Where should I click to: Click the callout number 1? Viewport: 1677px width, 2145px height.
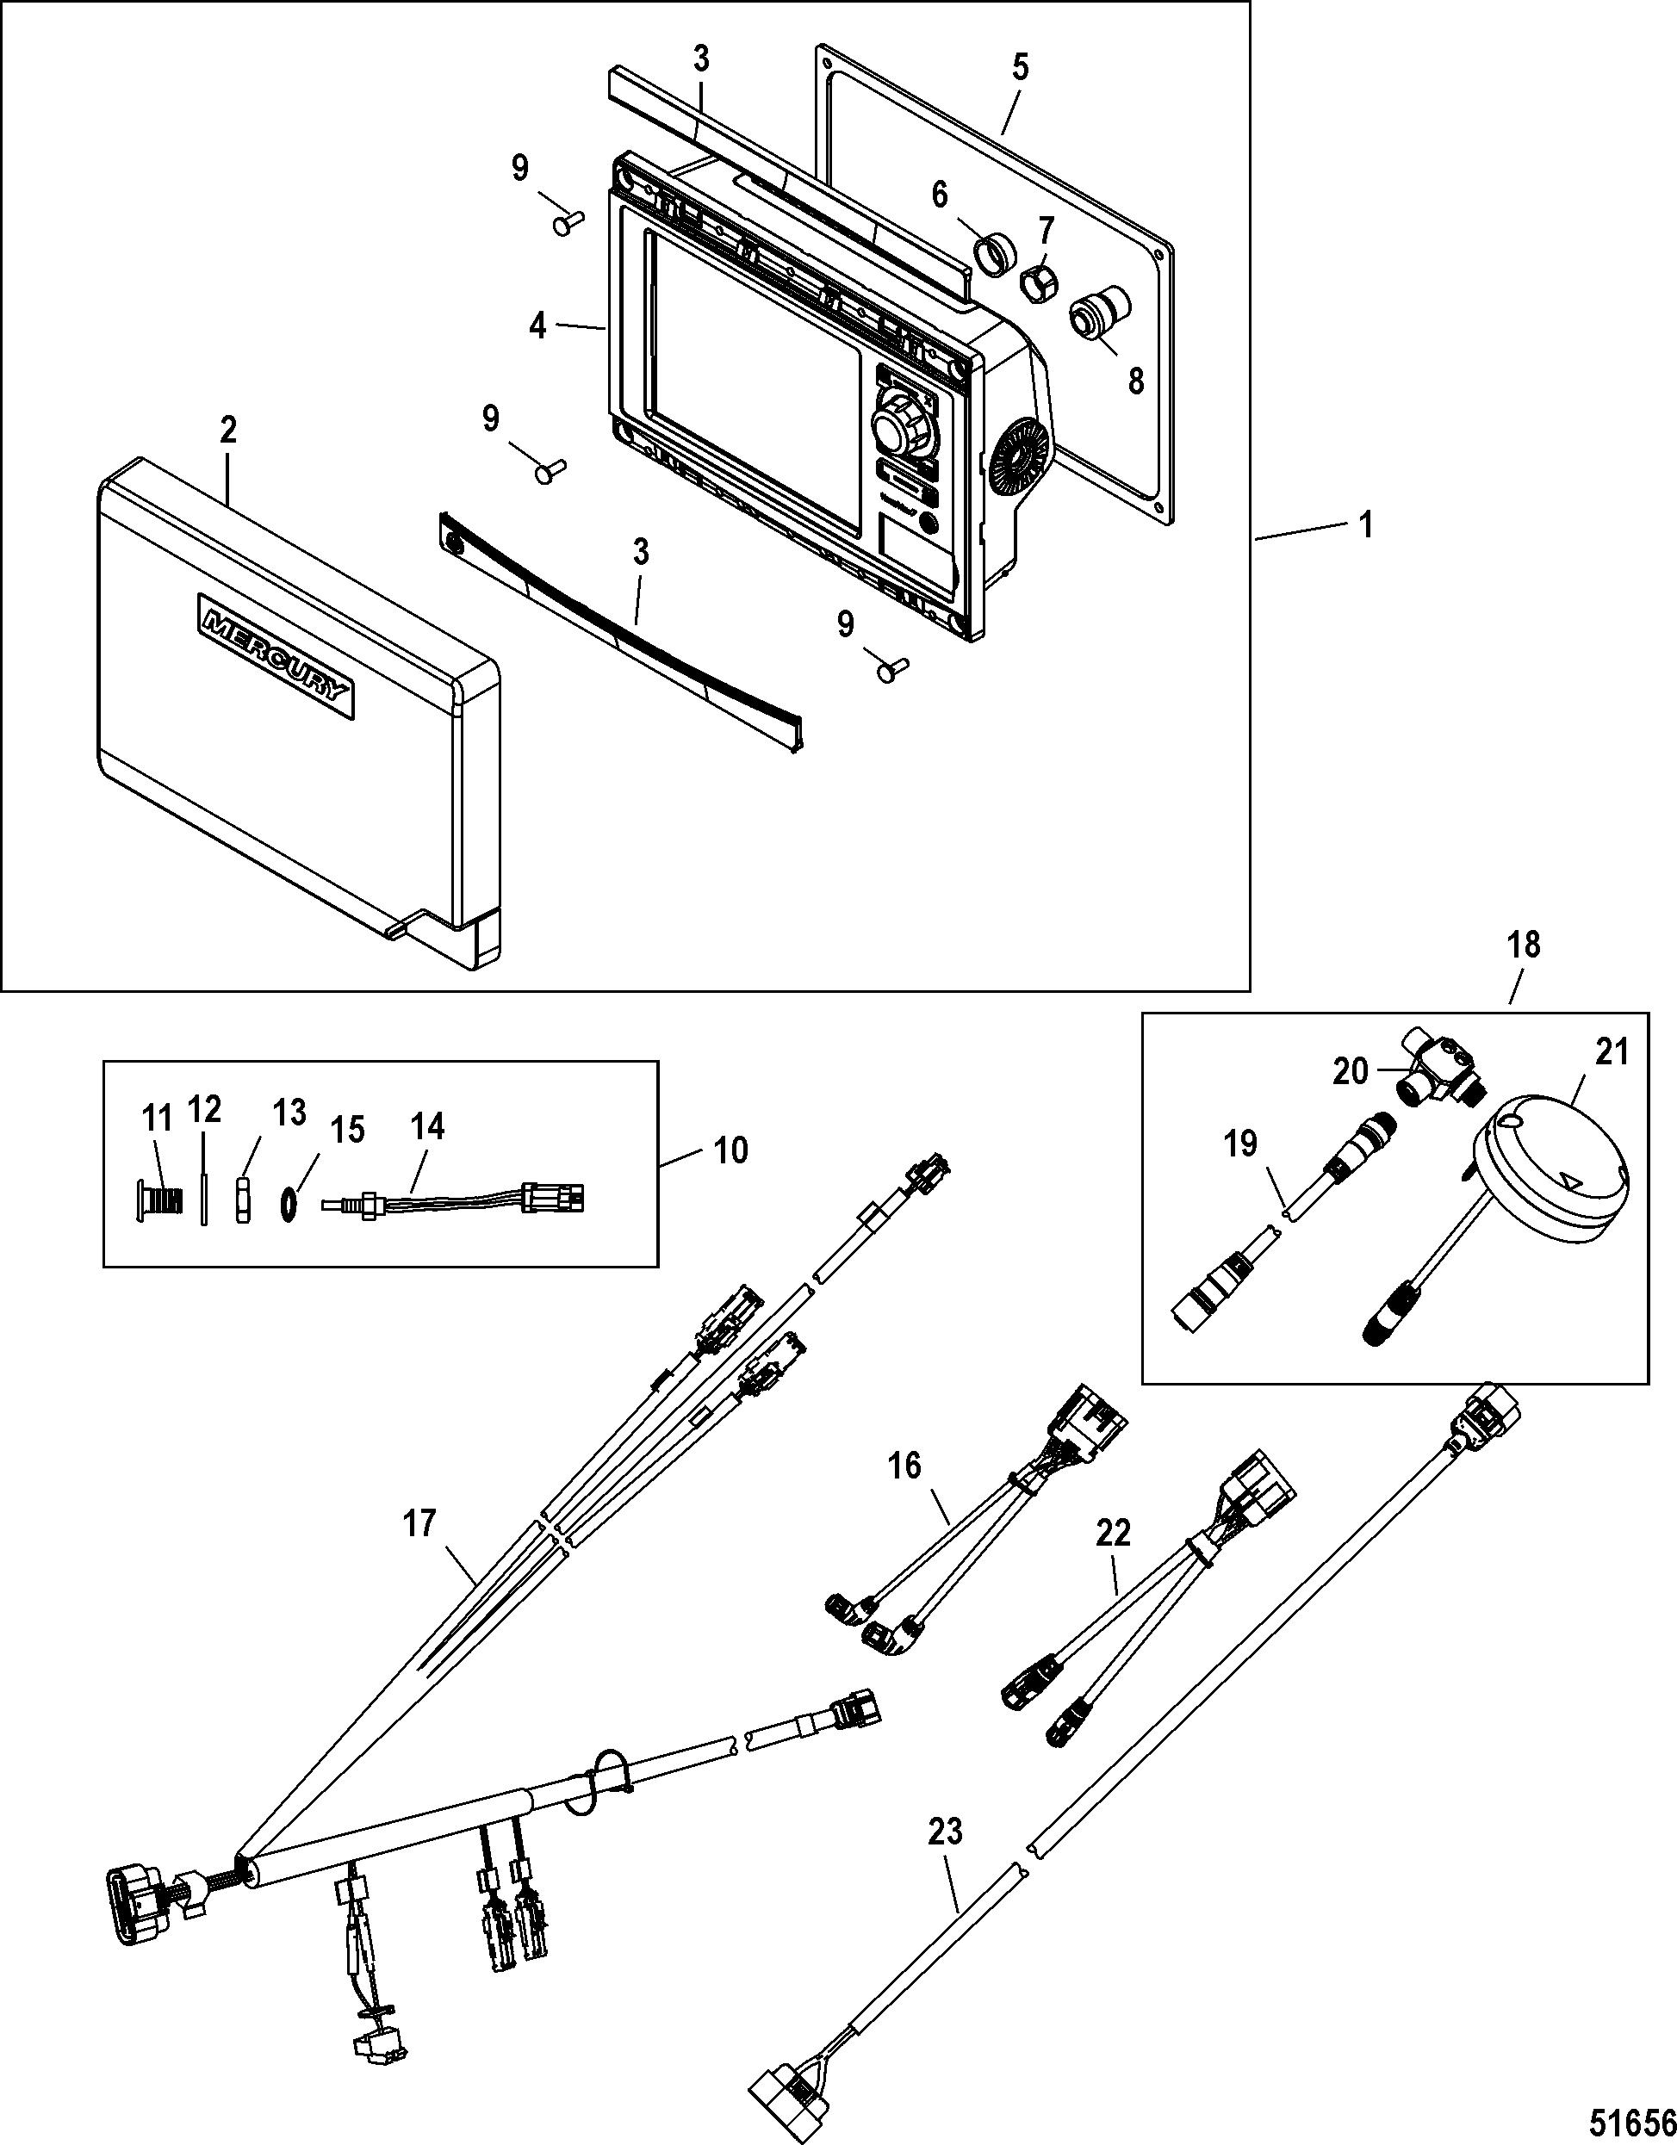click(1364, 525)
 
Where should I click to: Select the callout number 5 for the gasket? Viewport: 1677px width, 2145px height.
click(1020, 69)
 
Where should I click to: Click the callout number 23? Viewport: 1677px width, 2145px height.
click(944, 1832)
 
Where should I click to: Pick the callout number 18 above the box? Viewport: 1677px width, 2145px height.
click(1524, 945)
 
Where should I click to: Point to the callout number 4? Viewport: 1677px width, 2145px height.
click(538, 325)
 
